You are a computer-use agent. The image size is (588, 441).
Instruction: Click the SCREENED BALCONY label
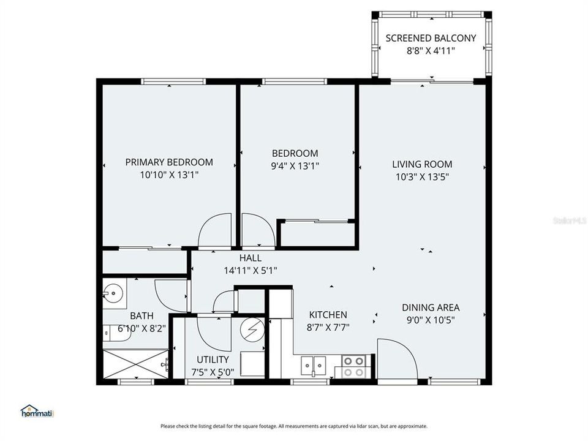click(431, 38)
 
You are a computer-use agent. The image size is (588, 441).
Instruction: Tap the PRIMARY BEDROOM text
click(169, 162)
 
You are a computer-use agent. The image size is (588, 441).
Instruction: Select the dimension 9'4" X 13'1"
click(295, 165)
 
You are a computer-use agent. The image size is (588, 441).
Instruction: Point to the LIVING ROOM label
click(422, 164)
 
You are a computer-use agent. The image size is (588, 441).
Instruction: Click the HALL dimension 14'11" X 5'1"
click(251, 270)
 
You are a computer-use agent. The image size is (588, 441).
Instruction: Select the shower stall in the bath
click(135, 366)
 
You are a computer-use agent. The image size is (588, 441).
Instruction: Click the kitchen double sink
click(314, 366)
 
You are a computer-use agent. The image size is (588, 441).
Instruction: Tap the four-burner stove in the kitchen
click(353, 366)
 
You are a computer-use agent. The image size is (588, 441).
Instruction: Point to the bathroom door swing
click(170, 295)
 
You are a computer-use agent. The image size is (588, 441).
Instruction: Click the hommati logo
click(38, 412)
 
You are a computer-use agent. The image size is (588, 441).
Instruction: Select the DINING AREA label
click(431, 307)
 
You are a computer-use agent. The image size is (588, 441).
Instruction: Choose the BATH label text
click(141, 316)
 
